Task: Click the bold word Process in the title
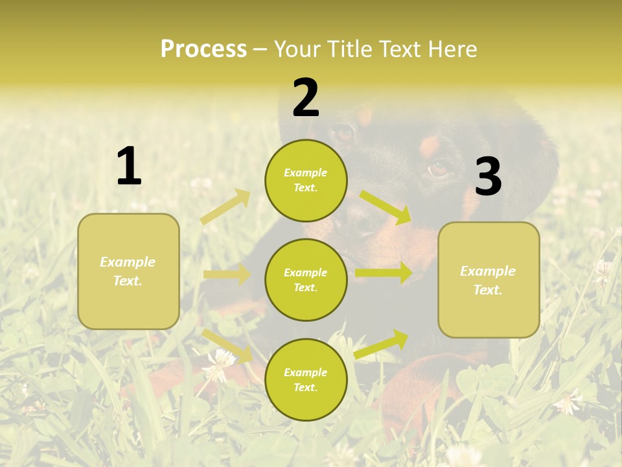[203, 49]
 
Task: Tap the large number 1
[129, 166]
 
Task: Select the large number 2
[306, 98]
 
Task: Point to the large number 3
[488, 176]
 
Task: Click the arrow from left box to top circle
[225, 207]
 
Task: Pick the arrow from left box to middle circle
[227, 274]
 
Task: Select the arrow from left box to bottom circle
[227, 346]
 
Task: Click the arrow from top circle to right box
[386, 207]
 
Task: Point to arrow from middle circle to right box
[384, 273]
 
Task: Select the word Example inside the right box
[488, 271]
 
